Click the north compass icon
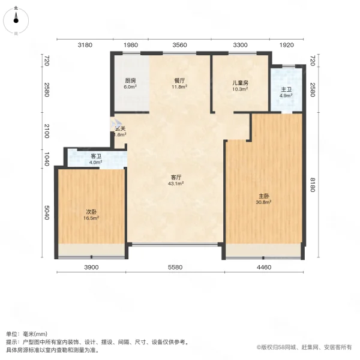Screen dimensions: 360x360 [16, 19]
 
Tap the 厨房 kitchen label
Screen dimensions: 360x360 [130, 81]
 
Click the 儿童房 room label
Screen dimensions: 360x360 [241, 83]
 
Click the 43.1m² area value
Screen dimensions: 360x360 [176, 184]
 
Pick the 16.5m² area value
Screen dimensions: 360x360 [91, 218]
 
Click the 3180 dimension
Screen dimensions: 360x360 [85, 45]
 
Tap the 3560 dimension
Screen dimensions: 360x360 [179, 45]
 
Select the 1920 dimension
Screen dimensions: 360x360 [287, 45]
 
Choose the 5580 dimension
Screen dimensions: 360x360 [176, 267]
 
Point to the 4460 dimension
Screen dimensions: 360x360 [265, 267]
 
